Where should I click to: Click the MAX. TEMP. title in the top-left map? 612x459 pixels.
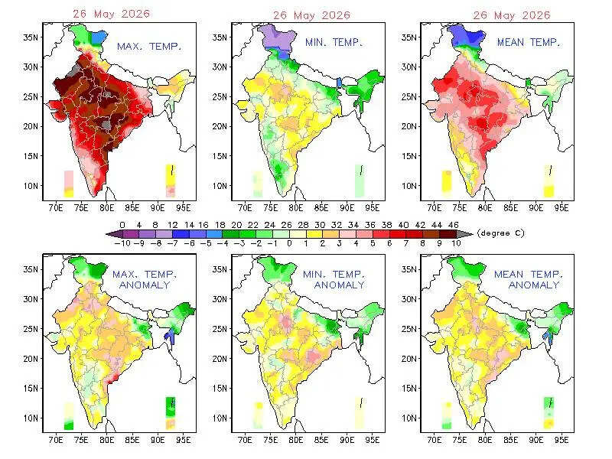149,47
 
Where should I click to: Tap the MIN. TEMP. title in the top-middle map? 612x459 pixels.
334,42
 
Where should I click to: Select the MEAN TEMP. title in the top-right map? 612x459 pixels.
529,42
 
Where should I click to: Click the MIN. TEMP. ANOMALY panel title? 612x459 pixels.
334,280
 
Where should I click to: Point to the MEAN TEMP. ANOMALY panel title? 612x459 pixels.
529,280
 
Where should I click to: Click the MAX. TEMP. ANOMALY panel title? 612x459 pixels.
145,280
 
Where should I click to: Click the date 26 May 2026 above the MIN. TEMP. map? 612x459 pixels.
311,15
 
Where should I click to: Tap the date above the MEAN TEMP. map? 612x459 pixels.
512,15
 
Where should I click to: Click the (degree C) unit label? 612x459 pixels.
501,233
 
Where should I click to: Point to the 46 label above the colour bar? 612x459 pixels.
453,225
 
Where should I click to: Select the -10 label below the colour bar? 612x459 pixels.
122,243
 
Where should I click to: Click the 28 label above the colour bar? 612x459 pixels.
303,225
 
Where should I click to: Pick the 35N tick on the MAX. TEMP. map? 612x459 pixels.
31,37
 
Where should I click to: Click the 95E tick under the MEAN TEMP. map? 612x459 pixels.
562,208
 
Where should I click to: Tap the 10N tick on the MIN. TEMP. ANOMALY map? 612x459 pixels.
220,418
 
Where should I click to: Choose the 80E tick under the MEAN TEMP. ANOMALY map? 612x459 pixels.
485,441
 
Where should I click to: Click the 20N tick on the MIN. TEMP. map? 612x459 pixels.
220,126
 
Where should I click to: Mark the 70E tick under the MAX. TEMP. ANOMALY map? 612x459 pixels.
56,441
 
